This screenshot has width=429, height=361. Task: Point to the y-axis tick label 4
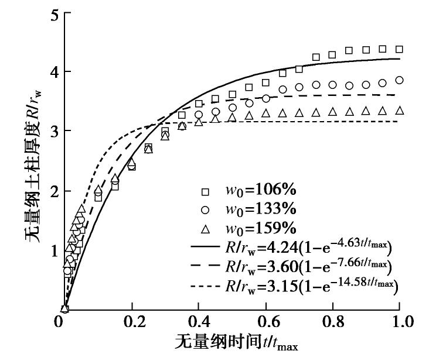[x=52, y=71]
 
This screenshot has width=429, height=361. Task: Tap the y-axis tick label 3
[x=52, y=130]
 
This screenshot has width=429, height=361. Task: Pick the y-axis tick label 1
[x=52, y=250]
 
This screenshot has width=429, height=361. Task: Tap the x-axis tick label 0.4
[x=199, y=322]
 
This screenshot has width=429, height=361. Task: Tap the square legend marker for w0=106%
[x=204, y=192]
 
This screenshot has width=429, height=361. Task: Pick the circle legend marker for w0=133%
[x=204, y=210]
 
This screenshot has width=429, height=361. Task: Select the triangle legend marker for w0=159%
[x=204, y=228]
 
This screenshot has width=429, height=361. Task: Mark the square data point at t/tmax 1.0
[x=399, y=50]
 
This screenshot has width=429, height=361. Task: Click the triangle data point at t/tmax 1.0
[x=399, y=111]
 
